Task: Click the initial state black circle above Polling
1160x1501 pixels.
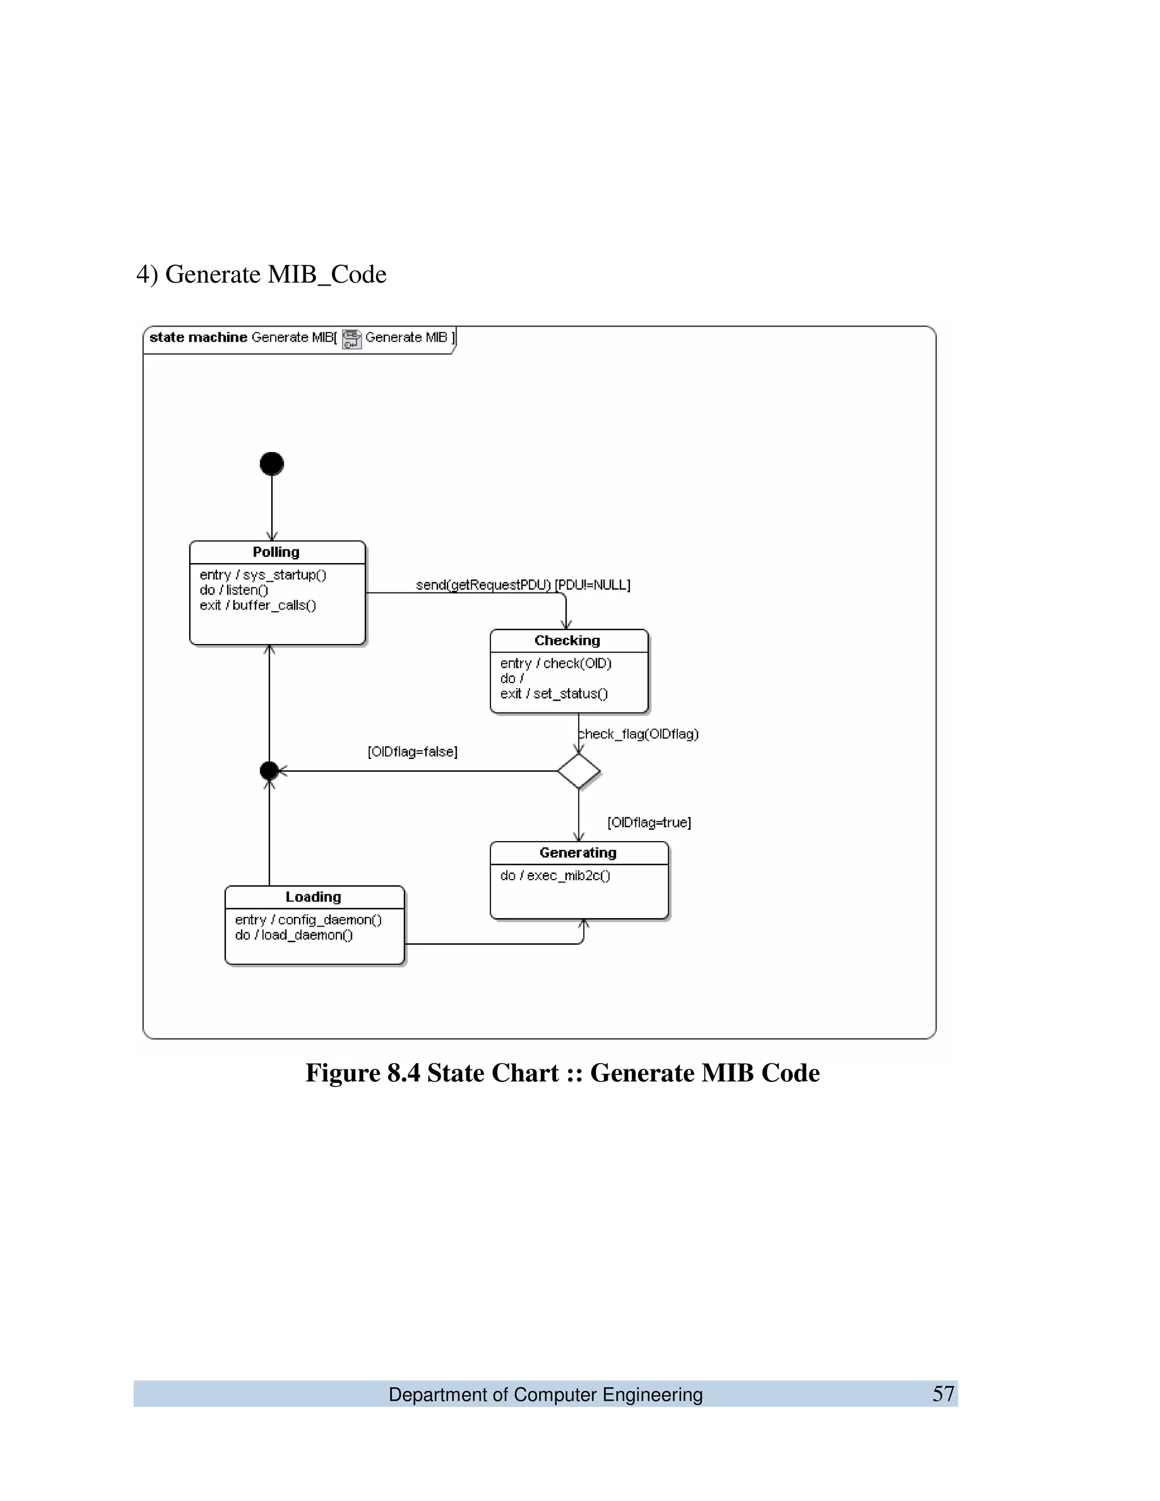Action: [x=271, y=464]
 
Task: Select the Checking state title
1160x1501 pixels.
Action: [x=567, y=641]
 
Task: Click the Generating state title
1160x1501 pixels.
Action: [x=578, y=853]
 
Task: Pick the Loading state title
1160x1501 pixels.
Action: [x=313, y=897]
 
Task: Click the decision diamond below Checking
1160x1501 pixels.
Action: [x=579, y=771]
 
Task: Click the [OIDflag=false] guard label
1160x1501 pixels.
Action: [x=412, y=752]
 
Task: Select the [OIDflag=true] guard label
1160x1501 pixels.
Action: [x=649, y=822]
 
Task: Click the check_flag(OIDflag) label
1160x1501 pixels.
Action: [x=639, y=734]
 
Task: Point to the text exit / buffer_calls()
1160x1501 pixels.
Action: [x=258, y=605]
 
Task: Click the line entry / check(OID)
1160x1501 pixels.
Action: [x=555, y=663]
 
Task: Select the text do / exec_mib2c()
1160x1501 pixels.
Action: [x=555, y=876]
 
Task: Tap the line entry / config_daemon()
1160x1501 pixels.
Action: [x=308, y=919]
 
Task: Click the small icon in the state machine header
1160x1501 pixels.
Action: [x=351, y=339]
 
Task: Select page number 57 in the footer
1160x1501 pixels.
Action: [x=943, y=1394]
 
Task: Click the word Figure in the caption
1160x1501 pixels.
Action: [x=342, y=1073]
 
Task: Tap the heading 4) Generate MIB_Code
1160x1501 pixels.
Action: [x=261, y=274]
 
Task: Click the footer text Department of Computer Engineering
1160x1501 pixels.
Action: [x=545, y=1395]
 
